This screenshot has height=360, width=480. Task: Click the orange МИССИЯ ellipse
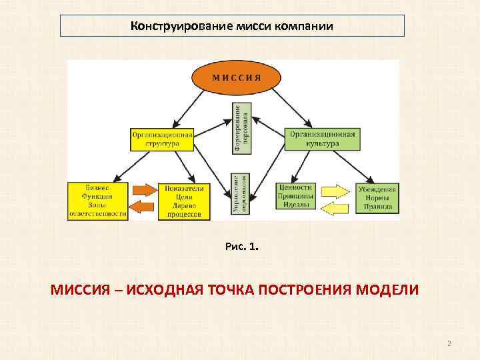[236, 77]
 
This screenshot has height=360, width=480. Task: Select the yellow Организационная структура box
[162, 138]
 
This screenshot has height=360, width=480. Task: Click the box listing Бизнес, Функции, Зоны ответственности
[97, 201]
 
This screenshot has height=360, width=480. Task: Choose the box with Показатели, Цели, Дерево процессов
[183, 201]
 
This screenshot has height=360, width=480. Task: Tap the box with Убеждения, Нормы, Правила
[377, 197]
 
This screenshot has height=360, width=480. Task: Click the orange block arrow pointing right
[142, 189]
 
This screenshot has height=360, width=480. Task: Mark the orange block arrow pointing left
[141, 208]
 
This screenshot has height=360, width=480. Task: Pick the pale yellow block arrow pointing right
[336, 191]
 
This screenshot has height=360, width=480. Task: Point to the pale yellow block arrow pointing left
[335, 209]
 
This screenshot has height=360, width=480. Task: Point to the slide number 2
[449, 343]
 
